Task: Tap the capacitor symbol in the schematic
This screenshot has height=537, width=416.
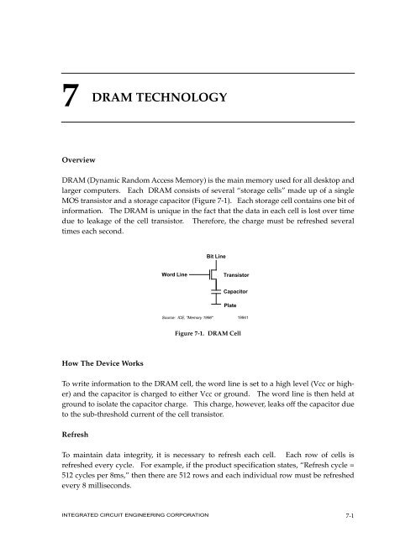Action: [x=214, y=291]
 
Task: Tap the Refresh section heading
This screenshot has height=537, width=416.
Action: [x=49, y=437]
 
